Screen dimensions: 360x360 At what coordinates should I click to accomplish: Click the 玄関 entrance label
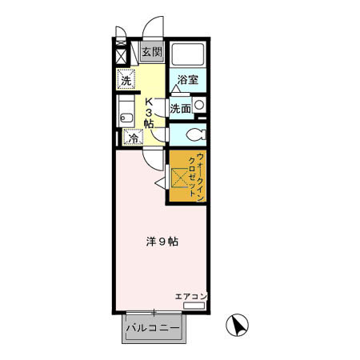click(x=151, y=53)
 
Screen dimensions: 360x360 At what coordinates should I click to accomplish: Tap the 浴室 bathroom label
click(x=187, y=80)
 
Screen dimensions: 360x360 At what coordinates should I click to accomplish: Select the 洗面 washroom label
click(x=179, y=109)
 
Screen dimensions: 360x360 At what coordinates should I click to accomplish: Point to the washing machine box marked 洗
click(x=126, y=80)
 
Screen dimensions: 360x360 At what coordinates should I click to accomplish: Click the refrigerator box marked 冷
click(x=134, y=138)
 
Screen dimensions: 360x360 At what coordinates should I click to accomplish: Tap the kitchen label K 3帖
click(x=150, y=112)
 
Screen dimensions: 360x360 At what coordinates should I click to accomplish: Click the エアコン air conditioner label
click(x=190, y=297)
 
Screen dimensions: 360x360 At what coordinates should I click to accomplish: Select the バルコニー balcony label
click(x=152, y=328)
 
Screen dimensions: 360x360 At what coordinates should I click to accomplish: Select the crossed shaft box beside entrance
click(x=122, y=57)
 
